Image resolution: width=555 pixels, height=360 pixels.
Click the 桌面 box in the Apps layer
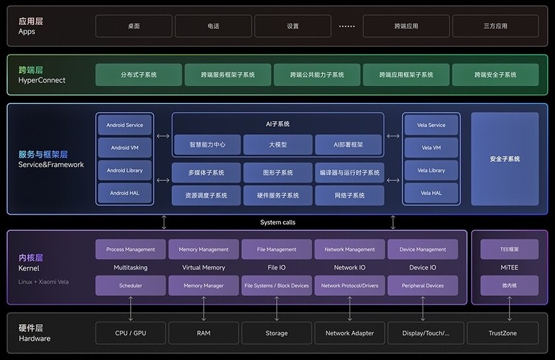(133, 26)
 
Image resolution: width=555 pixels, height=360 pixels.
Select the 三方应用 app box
(496, 26)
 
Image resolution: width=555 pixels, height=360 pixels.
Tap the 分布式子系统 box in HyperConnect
(139, 75)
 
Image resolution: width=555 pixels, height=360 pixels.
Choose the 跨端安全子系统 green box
(496, 75)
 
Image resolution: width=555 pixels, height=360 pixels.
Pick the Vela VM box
(431, 147)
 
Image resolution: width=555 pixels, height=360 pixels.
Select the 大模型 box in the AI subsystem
(277, 145)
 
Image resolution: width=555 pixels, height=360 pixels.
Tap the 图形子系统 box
(277, 172)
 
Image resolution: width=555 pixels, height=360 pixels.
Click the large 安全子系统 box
(505, 159)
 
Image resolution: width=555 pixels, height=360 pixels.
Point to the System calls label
(277, 223)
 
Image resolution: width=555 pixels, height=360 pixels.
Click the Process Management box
(131, 249)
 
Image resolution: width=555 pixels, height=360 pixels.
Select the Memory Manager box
(203, 285)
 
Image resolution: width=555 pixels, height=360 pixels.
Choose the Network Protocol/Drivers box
(350, 285)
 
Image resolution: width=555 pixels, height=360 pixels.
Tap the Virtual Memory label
(203, 268)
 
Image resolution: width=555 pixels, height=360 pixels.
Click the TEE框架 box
(509, 249)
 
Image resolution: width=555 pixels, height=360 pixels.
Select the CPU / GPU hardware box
(131, 333)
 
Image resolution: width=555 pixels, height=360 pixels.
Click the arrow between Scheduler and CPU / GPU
(131, 308)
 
